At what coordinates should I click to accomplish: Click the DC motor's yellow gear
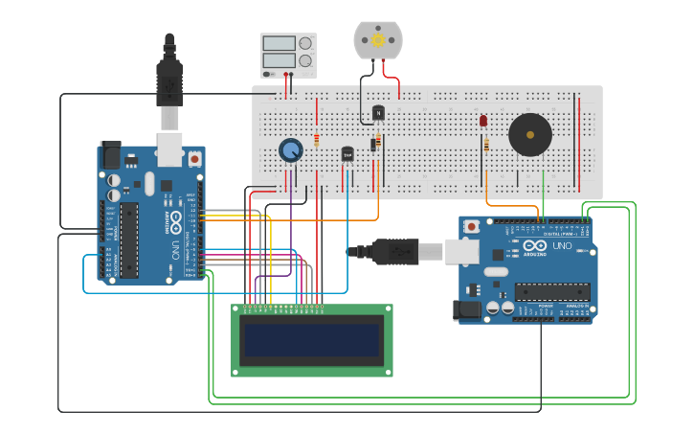[x=377, y=39]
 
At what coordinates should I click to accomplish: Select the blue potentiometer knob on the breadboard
[x=291, y=149]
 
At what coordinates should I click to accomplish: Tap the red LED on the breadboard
[x=483, y=122]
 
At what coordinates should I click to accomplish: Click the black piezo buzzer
[x=529, y=135]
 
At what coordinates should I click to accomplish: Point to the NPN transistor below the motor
[x=378, y=113]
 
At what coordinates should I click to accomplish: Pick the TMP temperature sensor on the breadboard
[x=347, y=153]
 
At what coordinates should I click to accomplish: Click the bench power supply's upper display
[x=279, y=43]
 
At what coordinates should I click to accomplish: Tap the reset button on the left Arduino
[x=195, y=158]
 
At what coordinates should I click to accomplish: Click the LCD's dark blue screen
[x=311, y=339]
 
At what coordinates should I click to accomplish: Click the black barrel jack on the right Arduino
[x=467, y=308]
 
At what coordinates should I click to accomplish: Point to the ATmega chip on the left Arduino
[x=129, y=240]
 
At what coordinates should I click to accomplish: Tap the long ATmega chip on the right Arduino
[x=551, y=291]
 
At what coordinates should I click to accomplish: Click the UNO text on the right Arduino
[x=561, y=247]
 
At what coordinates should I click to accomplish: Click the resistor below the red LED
[x=485, y=145]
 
